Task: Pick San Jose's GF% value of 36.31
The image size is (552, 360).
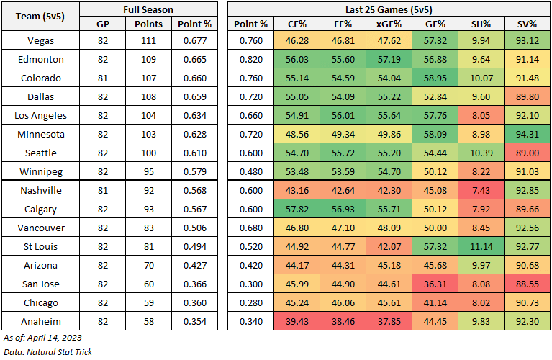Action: pyautogui.click(x=433, y=284)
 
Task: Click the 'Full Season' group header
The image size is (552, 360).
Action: pyautogui.click(x=148, y=9)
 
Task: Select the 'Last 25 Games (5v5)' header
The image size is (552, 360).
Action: pyautogui.click(x=389, y=9)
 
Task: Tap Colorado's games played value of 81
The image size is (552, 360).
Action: pyautogui.click(x=102, y=78)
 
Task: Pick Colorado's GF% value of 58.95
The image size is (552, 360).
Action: pyautogui.click(x=433, y=78)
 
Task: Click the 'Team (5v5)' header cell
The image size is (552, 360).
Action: pyautogui.click(x=40, y=16)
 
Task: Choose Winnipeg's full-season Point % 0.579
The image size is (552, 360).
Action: pyautogui.click(x=195, y=171)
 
